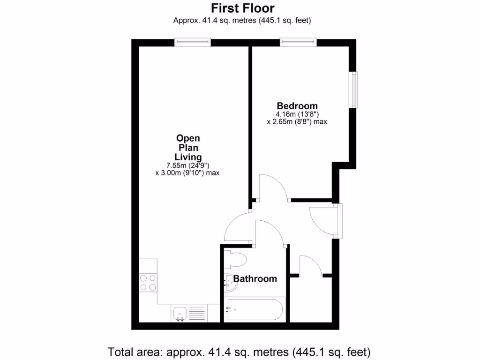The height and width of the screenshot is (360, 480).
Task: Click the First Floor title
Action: coord(242,8)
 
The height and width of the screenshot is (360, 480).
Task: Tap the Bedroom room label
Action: coord(297,106)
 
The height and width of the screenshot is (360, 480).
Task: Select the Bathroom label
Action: coord(255,279)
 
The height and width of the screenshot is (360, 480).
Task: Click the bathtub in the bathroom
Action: coord(255,309)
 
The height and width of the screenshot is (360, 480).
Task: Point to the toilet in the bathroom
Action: coord(236,259)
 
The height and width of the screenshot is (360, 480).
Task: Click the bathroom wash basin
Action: coord(228,282)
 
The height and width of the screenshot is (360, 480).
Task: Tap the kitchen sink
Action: coord(180,313)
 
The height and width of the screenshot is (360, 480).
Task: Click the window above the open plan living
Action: coord(193,42)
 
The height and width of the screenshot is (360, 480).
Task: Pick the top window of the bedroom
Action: coord(298,42)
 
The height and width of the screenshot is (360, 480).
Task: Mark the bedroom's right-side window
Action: coord(354,90)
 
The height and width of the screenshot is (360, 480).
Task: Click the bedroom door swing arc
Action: coord(274,187)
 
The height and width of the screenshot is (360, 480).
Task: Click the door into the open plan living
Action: coord(238,227)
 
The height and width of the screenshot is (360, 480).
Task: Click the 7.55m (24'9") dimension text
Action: coord(187,165)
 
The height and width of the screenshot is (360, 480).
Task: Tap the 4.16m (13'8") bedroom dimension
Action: coord(297,114)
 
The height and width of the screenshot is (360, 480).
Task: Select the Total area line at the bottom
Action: coord(240,351)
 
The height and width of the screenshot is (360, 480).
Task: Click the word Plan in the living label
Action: coord(188,148)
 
